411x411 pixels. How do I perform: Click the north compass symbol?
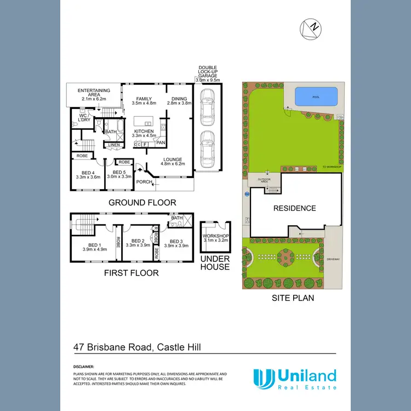(310, 27)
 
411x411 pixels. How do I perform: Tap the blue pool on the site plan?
(316, 97)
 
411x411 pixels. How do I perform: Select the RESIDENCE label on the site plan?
(295, 208)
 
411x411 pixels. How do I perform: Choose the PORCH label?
(144, 182)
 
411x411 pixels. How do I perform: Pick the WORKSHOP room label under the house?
(215, 237)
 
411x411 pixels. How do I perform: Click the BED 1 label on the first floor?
(94, 247)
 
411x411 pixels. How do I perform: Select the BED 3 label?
(176, 243)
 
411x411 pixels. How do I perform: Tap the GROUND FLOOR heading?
(142, 203)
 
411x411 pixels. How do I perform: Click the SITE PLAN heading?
(293, 299)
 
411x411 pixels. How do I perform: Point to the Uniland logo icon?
(264, 378)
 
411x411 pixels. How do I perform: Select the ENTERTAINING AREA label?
(94, 94)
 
